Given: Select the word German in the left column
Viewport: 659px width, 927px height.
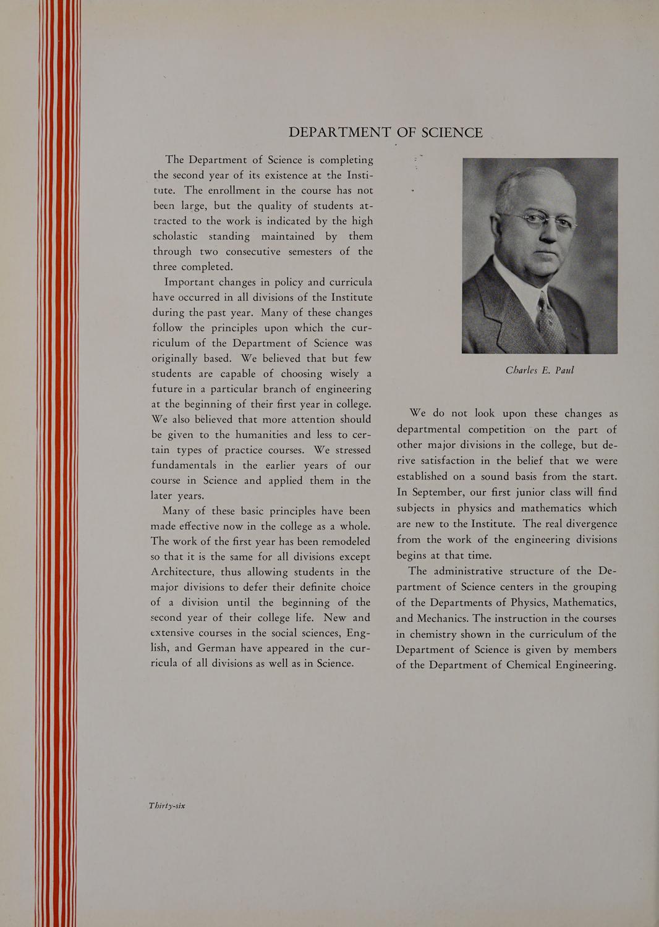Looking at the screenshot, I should click(219, 648).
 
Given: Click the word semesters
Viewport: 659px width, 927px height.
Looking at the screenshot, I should click(308, 252).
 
